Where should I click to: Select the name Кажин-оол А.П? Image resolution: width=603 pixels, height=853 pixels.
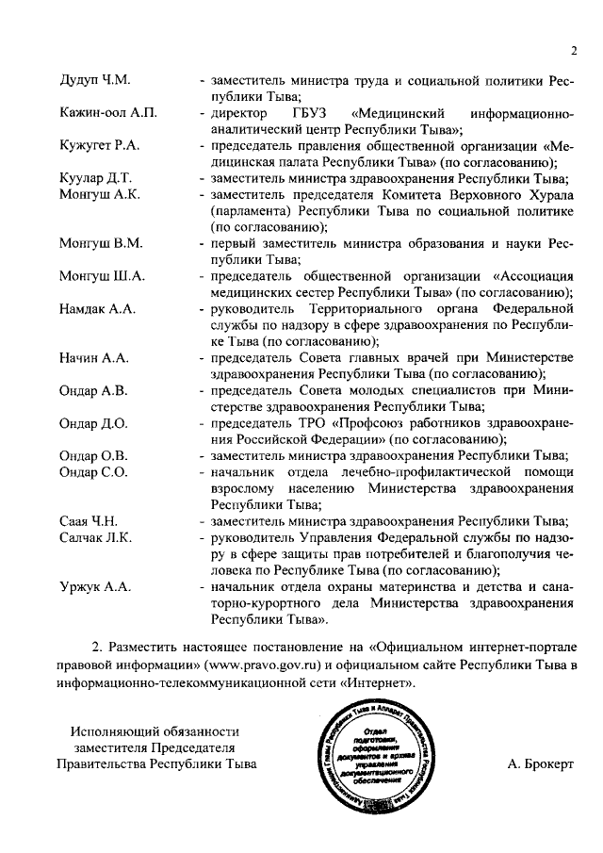pos(107,114)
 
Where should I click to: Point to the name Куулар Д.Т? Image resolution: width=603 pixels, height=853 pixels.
pos(96,178)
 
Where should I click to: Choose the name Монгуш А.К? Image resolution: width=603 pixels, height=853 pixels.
pos(100,194)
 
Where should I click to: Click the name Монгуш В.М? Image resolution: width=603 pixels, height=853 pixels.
pos(101,243)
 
